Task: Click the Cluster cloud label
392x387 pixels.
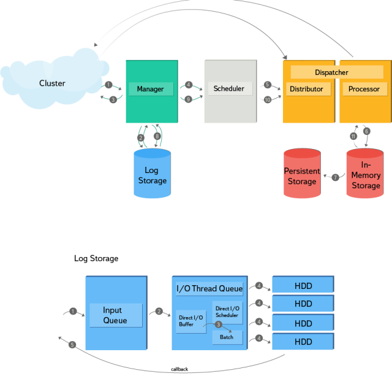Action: coord(52,83)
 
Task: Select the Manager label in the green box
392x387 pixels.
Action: coord(150,89)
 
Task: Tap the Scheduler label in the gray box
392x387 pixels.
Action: coord(228,89)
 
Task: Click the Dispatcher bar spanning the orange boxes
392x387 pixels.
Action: coord(331,72)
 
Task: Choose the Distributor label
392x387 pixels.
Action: coord(306,89)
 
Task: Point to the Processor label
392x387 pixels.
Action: coord(364,89)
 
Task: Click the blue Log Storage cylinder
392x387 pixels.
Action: coord(152,175)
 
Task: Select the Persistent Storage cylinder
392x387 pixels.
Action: coord(302,174)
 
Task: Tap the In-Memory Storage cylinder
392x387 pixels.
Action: coord(366,175)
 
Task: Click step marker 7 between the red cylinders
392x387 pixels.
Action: coord(335,177)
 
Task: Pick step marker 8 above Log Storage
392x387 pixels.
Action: coord(157,136)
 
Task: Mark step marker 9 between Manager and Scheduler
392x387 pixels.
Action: coord(189,99)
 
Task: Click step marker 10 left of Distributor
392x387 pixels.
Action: coord(268,99)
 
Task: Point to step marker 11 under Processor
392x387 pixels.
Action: coord(353,136)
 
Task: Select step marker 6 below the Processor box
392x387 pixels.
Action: coord(367,131)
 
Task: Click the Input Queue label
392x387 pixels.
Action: coord(115,315)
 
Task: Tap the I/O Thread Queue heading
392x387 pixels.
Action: coord(209,288)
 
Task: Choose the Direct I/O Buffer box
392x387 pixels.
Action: coord(190,321)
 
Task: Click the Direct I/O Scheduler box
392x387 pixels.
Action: coord(227,312)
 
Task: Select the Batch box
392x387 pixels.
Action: coord(227,337)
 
